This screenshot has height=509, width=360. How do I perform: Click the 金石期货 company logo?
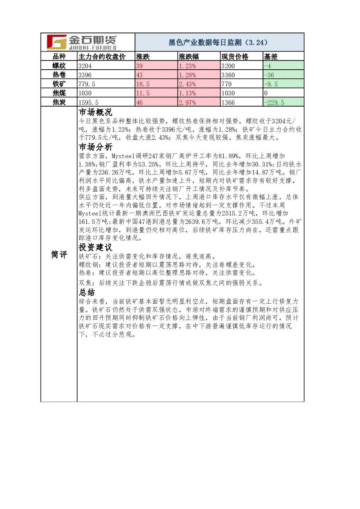click(x=82, y=42)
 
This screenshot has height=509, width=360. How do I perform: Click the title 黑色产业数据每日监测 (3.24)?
click(x=218, y=42)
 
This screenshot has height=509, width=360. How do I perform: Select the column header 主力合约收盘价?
click(x=102, y=57)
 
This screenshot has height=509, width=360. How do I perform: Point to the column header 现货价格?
click(x=235, y=57)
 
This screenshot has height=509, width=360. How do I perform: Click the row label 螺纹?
click(x=59, y=66)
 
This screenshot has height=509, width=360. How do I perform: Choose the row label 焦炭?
click(x=59, y=102)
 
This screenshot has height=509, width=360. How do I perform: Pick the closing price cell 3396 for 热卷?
click(x=85, y=75)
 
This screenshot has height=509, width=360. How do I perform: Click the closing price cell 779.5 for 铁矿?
click(x=87, y=84)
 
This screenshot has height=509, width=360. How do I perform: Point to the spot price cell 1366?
click(x=228, y=102)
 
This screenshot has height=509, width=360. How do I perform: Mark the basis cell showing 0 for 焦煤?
click(x=266, y=93)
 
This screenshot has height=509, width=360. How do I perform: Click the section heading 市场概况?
click(x=95, y=112)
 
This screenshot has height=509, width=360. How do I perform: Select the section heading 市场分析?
click(x=95, y=147)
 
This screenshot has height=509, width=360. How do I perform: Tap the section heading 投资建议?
click(x=95, y=247)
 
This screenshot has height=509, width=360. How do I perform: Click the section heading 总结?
click(x=87, y=292)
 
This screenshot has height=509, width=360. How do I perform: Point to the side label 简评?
click(x=59, y=255)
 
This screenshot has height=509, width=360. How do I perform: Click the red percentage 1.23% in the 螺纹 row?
click(x=187, y=66)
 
